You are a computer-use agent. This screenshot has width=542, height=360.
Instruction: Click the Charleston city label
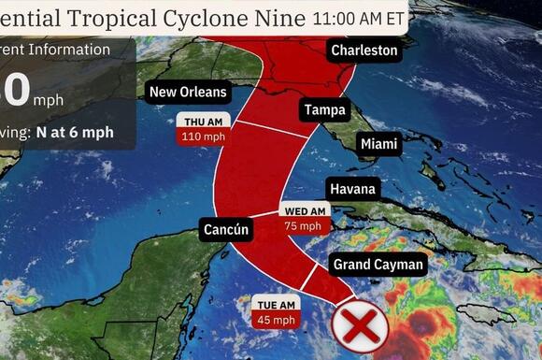pos(364,50)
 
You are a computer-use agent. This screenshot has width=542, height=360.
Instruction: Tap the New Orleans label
pos(189,92)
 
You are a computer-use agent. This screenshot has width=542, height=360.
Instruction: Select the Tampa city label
pos(324,110)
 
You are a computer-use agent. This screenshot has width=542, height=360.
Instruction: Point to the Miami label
pos(378,144)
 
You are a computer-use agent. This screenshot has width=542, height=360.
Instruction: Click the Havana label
pos(352,190)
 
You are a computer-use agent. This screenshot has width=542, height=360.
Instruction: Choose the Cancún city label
pos(225,228)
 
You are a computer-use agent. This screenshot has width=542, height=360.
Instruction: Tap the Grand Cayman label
pos(378,265)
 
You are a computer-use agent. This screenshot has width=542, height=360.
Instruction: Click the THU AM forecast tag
pos(201,122)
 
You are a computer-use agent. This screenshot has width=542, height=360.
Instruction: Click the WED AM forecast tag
pos(304,210)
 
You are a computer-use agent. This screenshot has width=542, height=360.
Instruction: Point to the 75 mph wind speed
pos(304,225)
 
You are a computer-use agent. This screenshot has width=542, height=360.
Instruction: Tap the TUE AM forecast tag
pos(277,304)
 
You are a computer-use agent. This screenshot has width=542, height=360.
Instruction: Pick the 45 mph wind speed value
pos(277,319)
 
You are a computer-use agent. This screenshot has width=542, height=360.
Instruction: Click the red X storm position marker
pos(355,326)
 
